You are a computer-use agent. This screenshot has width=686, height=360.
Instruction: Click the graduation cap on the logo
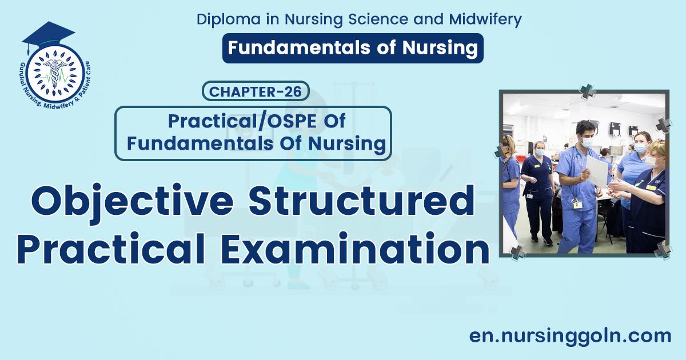click(x=48, y=34)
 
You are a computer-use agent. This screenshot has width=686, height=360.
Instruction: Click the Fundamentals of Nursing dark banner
click(x=353, y=48)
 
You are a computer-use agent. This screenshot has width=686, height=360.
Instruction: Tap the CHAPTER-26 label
click(x=256, y=91)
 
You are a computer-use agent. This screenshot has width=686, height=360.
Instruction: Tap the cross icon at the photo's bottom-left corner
click(x=517, y=252)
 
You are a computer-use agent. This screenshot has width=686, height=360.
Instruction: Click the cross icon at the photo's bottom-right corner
click(x=663, y=249)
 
